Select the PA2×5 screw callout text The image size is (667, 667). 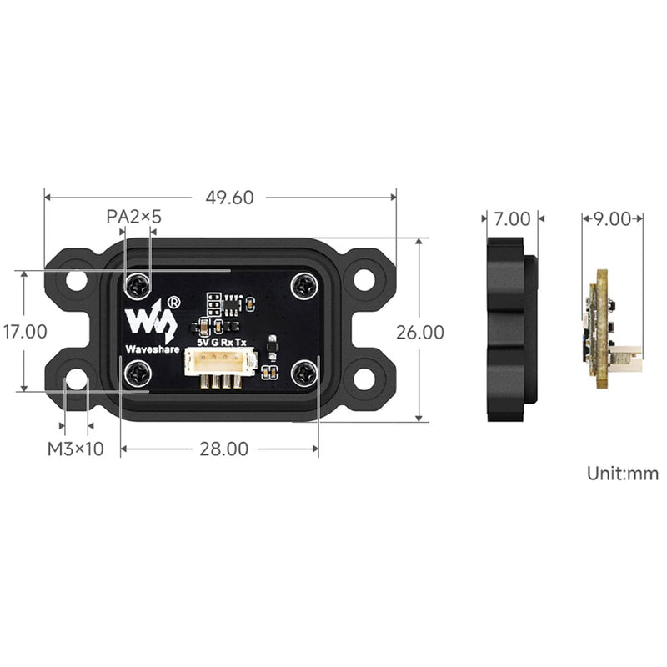pyautogui.click(x=133, y=217)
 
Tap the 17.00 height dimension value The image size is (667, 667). pyautogui.click(x=24, y=332)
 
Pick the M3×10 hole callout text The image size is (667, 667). pyautogui.click(x=75, y=449)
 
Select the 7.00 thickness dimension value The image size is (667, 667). pyautogui.click(x=512, y=219)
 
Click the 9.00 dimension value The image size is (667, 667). pyautogui.click(x=613, y=219)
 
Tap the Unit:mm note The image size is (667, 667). pyautogui.click(x=622, y=474)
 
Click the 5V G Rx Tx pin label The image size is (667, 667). pyautogui.click(x=221, y=342)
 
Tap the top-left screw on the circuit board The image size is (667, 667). pyautogui.click(x=137, y=286)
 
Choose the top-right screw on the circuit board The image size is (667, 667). pyautogui.click(x=303, y=286)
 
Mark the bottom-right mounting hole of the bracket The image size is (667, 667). pyautogui.click(x=364, y=378)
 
